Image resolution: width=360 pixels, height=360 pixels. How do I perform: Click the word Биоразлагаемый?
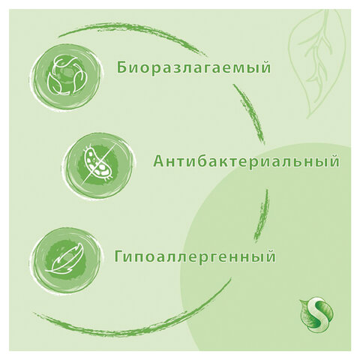point(193,68)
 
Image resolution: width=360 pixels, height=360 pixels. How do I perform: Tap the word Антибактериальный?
point(247,161)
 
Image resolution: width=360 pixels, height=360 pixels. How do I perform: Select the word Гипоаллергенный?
point(195,256)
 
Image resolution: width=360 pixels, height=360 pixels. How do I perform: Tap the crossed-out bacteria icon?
point(97,164)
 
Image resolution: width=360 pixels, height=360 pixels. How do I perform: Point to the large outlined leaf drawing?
point(317,64)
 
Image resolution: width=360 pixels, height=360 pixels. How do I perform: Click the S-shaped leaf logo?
point(316,315)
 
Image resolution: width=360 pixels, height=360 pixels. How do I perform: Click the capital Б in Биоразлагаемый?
point(121,68)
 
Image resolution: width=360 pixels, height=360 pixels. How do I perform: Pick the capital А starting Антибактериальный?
point(159,161)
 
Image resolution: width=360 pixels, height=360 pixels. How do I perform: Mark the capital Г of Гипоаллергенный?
point(118,256)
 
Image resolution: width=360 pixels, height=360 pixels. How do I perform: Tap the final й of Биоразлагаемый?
point(265,67)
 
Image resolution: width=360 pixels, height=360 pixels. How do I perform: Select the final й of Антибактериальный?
point(334,160)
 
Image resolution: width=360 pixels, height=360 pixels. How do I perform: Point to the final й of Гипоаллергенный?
point(270,255)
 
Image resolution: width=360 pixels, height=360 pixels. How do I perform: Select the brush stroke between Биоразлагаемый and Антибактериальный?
point(250,114)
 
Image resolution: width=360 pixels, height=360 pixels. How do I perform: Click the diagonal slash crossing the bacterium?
point(97,164)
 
